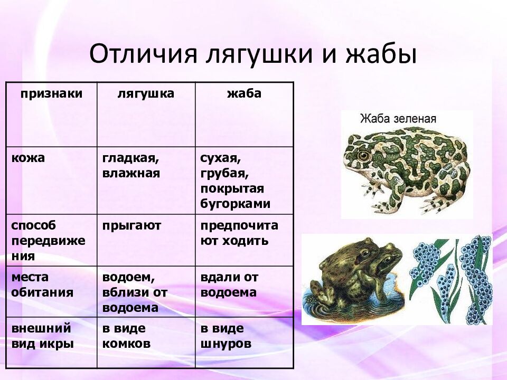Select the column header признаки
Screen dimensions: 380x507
pyautogui.click(x=52, y=93)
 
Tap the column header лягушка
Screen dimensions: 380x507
pyautogui.click(x=146, y=93)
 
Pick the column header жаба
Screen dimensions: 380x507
pyautogui.click(x=244, y=93)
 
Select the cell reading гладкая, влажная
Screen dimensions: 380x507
pyautogui.click(x=132, y=165)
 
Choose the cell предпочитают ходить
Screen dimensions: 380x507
pyautogui.click(x=239, y=233)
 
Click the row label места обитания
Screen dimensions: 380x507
pyautogui.click(x=42, y=284)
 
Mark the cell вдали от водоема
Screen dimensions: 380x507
pyautogui.click(x=230, y=284)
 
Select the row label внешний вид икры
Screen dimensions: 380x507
pyautogui.click(x=42, y=336)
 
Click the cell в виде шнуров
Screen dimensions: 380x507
pyautogui.click(x=226, y=336)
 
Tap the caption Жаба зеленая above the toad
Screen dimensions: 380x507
pyautogui.click(x=398, y=118)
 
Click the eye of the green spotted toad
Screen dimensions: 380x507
pyautogui.click(x=363, y=156)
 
